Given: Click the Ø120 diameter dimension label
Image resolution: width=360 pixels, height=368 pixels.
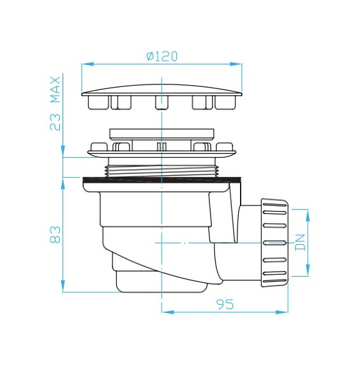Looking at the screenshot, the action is click(162, 56).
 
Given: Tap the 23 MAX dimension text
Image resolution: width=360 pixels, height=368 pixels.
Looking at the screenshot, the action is click(56, 103).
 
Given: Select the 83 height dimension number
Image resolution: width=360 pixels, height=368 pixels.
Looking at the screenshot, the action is click(56, 235).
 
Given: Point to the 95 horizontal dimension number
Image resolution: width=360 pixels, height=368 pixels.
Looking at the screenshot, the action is click(225, 304).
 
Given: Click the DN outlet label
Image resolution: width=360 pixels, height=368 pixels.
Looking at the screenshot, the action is click(300, 242).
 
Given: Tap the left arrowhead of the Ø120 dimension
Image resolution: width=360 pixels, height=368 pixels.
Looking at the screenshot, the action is click(87, 64).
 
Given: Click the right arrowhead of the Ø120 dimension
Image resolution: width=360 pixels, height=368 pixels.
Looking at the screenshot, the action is click(236, 64).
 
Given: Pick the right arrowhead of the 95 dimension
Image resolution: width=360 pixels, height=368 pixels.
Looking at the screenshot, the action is click(282, 312).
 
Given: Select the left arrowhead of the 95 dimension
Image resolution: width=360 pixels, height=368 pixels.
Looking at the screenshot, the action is click(167, 312).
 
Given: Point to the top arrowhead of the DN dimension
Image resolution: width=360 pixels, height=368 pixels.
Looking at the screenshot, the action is click(308, 215).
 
